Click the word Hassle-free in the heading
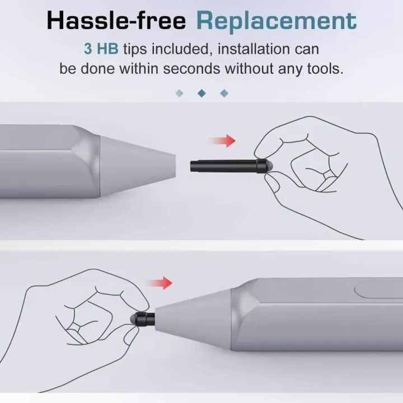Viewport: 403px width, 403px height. [116, 21]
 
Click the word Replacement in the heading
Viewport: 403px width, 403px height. [277, 22]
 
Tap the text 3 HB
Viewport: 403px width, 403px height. [101, 49]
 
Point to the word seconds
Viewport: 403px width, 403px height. [191, 69]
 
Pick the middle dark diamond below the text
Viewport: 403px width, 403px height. [201, 93]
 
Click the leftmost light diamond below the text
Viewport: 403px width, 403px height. [179, 93]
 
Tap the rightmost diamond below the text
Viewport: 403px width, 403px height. [224, 93]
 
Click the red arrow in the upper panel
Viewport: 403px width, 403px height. [223, 140]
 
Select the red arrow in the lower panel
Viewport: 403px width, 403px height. [160, 283]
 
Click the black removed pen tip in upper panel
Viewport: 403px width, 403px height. [231, 166]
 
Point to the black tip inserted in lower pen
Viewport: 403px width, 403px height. [142, 319]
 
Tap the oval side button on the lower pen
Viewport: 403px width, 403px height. [378, 290]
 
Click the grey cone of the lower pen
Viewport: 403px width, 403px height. [193, 320]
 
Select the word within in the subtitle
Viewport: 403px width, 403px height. [139, 69]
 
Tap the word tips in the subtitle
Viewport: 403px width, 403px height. [135, 49]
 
